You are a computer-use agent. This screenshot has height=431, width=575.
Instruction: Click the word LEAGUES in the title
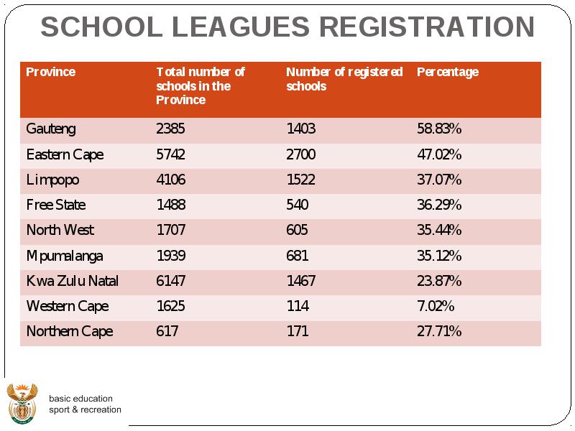click(241, 27)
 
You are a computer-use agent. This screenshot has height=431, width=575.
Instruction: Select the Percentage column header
click(448, 73)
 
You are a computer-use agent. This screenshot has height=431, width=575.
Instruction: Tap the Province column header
click(50, 72)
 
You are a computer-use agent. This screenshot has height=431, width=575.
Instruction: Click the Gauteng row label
click(51, 129)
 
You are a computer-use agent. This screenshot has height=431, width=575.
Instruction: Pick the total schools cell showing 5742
click(170, 154)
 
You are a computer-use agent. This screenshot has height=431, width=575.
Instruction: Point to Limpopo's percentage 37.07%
click(439, 180)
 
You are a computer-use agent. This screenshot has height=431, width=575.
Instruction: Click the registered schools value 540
click(298, 205)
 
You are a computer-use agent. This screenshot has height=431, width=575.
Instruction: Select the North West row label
click(60, 230)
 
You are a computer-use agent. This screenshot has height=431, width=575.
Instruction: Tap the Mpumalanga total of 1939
click(171, 255)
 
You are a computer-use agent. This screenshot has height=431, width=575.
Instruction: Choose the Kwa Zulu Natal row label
click(73, 281)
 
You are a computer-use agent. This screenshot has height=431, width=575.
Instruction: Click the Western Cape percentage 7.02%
click(436, 306)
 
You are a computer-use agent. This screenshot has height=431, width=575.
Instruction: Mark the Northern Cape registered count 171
click(298, 331)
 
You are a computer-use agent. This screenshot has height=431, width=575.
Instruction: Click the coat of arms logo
click(22, 403)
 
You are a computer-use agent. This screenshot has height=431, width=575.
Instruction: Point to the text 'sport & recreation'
click(85, 409)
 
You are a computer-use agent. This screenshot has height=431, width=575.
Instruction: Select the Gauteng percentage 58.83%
click(439, 129)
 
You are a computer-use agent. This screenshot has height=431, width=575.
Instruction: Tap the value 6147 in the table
click(171, 281)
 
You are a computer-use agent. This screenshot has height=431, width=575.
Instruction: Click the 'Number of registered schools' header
click(344, 79)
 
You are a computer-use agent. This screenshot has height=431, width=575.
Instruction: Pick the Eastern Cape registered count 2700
click(300, 154)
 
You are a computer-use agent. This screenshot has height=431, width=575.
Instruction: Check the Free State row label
click(56, 205)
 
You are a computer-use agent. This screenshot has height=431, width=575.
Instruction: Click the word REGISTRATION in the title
click(427, 27)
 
